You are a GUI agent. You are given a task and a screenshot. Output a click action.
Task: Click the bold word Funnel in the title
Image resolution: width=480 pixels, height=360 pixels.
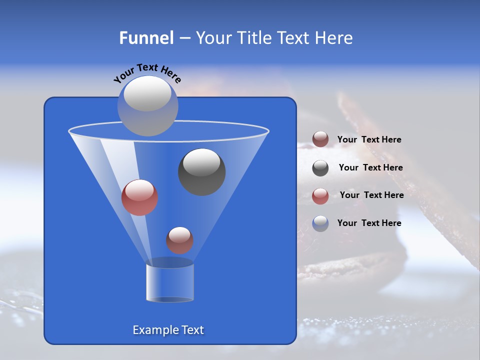146,38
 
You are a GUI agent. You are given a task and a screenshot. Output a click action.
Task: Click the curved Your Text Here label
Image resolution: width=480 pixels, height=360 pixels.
147,72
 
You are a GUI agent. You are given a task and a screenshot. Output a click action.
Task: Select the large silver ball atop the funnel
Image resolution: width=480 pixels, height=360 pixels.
147,105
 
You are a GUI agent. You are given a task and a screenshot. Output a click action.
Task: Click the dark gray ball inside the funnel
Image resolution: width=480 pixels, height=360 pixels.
201,171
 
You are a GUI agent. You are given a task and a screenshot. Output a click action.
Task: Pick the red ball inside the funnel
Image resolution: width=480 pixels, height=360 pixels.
139,197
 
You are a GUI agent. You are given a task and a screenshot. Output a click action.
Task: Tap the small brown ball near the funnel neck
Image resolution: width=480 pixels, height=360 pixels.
179,240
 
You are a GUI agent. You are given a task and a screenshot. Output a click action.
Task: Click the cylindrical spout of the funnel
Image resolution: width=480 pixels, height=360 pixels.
170,281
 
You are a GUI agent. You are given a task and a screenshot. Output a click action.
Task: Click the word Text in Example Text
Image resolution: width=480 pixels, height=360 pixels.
192,330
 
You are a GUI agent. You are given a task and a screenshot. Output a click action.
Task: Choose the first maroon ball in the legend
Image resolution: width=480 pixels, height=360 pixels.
320,139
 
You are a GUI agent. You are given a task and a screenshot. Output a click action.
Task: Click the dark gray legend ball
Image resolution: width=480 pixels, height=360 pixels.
320,168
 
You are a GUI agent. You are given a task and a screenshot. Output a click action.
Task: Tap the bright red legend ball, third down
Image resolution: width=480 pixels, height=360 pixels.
320,196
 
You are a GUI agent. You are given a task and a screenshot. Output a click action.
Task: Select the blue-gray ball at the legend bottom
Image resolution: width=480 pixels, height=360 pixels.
320,223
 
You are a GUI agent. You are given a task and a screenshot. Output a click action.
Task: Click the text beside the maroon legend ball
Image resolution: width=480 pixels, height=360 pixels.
369,140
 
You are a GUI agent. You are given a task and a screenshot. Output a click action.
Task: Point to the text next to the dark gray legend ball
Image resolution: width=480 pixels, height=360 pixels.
370,167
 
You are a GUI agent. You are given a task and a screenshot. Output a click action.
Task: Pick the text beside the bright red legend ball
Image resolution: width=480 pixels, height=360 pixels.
371,195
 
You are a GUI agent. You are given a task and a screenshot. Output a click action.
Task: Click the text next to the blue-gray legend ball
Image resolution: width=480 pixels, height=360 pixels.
369,223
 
